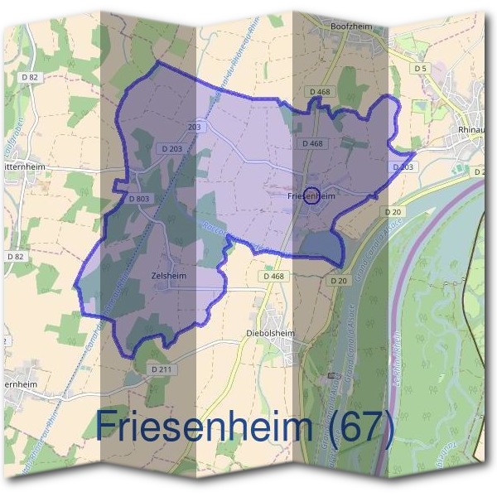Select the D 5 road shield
tap(421, 68)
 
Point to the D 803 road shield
tap(139, 199)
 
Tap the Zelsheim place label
tap(169, 276)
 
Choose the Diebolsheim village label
tap(271, 334)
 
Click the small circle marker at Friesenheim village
tap(311, 195)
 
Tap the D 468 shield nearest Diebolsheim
tap(273, 276)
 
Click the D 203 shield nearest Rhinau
tap(403, 167)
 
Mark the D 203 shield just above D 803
tap(173, 148)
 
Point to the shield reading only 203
tap(195, 128)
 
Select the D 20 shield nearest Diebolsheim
tap(338, 281)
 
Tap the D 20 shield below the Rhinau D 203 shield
tap(393, 212)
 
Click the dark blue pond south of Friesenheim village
tap(321, 244)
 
